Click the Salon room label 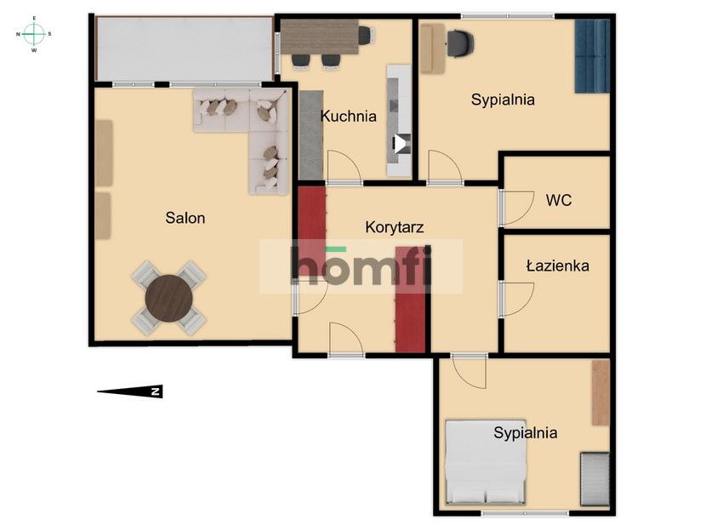click(x=185, y=218)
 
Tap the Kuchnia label click(x=348, y=116)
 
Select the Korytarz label click(x=394, y=227)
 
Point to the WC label click(x=558, y=200)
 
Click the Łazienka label click(x=557, y=265)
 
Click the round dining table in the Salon click(x=168, y=298)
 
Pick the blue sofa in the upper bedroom click(x=592, y=56)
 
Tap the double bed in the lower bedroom click(x=485, y=462)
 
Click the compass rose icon click(x=34, y=34)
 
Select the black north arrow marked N click(x=129, y=391)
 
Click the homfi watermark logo click(x=361, y=266)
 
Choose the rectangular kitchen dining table click(x=320, y=37)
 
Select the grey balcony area click(x=185, y=49)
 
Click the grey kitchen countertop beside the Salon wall click(x=311, y=135)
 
